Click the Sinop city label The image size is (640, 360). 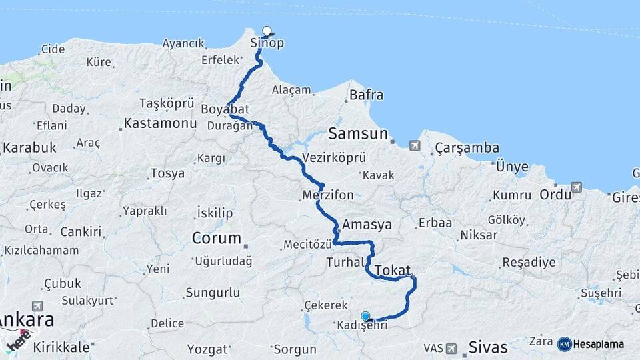(x=267, y=43)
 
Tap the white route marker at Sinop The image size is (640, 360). (x=267, y=31)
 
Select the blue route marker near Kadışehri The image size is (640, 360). (x=365, y=316)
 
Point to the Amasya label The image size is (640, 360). (x=367, y=224)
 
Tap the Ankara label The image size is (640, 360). (x=27, y=320)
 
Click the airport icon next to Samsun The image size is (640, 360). (x=415, y=145)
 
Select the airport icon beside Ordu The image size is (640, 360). (x=576, y=187)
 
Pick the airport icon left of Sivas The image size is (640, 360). (x=451, y=348)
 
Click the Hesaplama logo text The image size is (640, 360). (x=599, y=344)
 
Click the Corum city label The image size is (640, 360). (x=216, y=238)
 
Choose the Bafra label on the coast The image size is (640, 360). (x=366, y=95)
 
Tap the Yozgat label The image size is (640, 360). (x=207, y=349)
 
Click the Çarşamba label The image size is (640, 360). (x=467, y=147)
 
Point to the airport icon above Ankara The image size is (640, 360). (x=37, y=305)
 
